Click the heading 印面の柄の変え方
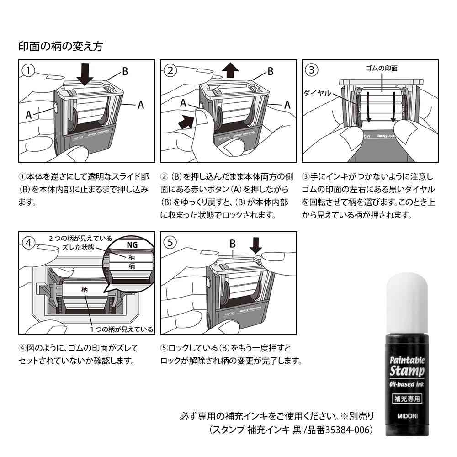tap(60, 46)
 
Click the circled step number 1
tap(28, 70)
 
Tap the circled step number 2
tap(170, 70)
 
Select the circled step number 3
tap(312, 70)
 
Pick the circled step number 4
tap(28, 243)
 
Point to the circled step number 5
tap(170, 243)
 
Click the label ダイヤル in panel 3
tap(317, 93)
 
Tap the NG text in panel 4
tap(132, 244)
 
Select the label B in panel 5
tap(232, 244)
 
